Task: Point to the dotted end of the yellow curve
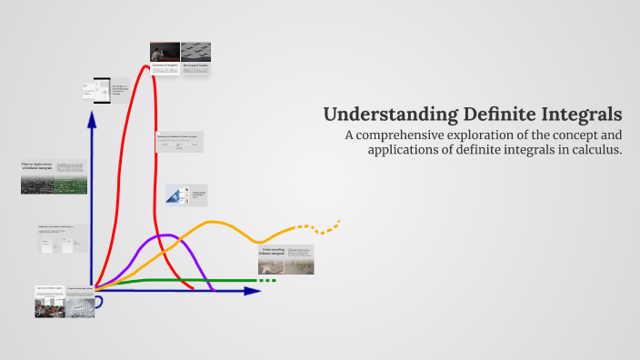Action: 323,224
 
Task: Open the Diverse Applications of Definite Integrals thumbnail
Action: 54,177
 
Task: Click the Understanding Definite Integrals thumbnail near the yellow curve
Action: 285,260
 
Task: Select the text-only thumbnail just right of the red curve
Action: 179,142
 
